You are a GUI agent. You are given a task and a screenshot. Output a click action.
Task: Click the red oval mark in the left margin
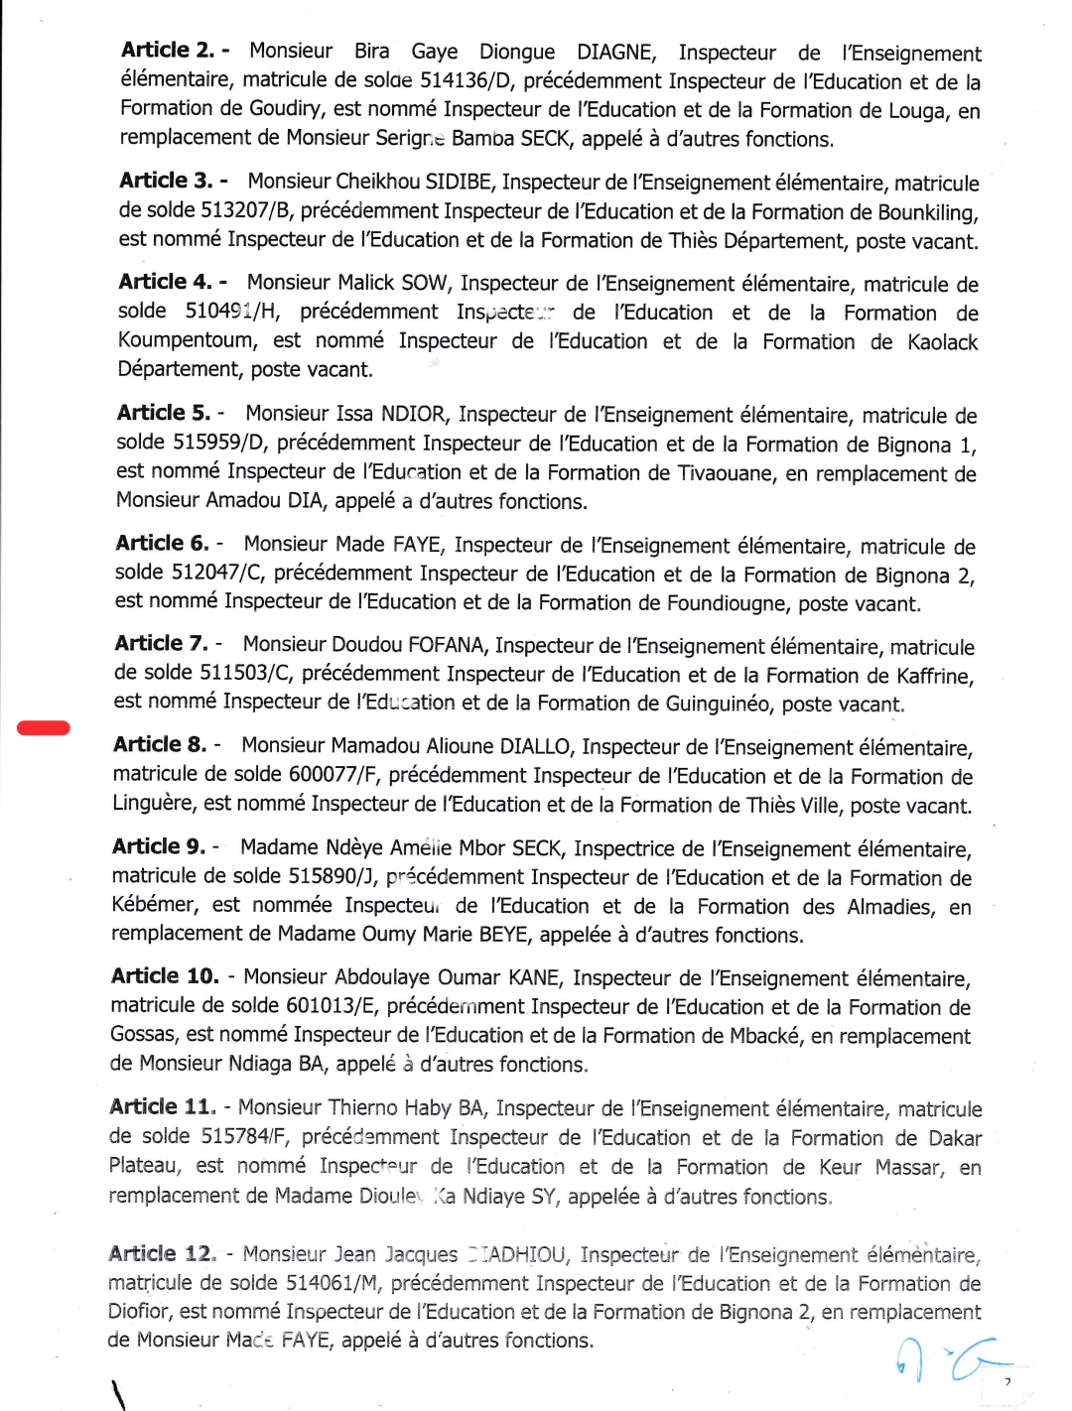click(44, 728)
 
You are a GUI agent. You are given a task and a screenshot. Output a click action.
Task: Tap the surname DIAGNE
click(615, 52)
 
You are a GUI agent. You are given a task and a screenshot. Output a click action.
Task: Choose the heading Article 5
click(164, 413)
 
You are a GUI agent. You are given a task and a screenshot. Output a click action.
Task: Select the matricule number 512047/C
click(217, 573)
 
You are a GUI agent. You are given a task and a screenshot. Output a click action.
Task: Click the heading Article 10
click(165, 976)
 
